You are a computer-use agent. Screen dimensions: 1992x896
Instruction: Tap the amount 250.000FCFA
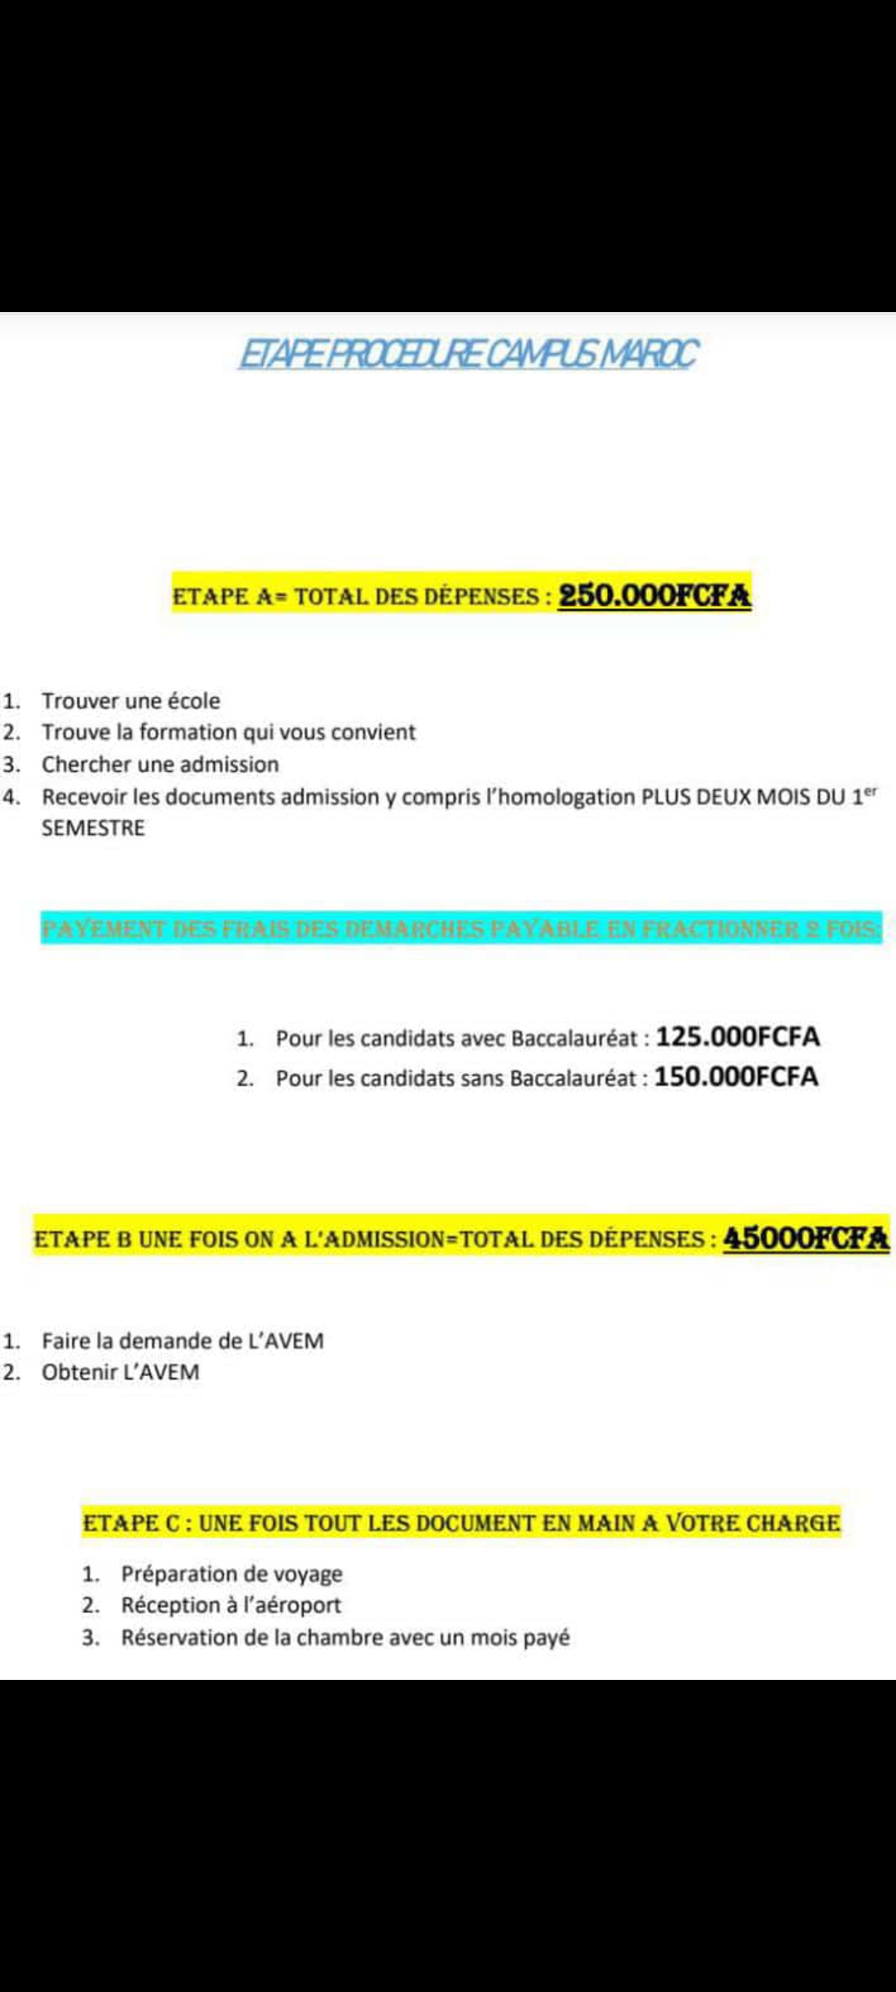(654, 596)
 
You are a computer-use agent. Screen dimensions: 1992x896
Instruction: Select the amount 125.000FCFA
(738, 1037)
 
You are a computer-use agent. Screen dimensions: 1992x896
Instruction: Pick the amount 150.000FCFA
(736, 1077)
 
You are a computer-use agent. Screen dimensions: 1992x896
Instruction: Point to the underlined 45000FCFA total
(806, 1238)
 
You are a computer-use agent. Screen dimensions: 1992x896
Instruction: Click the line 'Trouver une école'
(131, 701)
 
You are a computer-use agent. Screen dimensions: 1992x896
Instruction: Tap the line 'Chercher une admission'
(160, 764)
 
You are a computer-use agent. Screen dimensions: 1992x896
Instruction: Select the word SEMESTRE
(93, 828)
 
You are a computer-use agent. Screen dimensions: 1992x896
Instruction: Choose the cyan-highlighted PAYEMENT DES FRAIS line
(461, 928)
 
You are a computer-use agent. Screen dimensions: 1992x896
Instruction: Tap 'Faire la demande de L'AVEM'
(183, 1340)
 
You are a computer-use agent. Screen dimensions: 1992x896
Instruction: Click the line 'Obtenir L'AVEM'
(120, 1372)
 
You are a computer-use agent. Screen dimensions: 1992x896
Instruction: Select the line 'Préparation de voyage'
(231, 1574)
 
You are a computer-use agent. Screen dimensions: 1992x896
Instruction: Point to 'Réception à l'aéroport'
(231, 1605)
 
